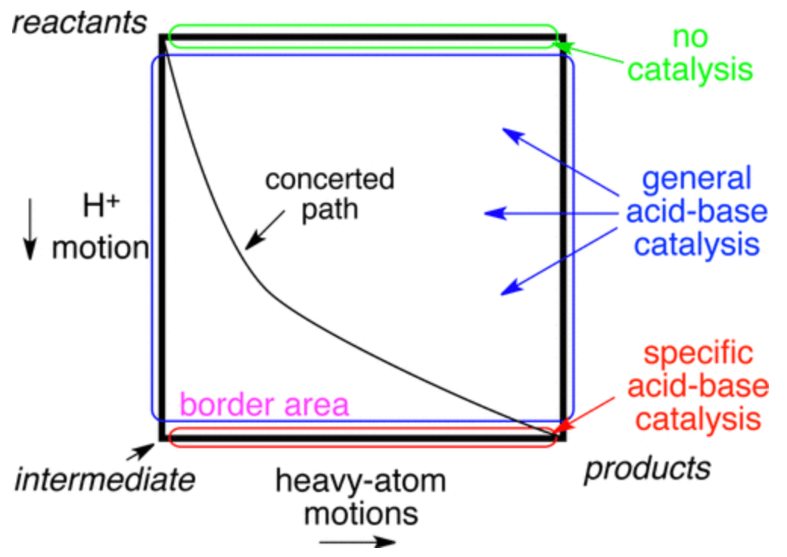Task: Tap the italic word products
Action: pos(647,469)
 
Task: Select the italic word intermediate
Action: pos(104,479)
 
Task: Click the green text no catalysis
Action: pos(691,53)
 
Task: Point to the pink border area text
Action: pos(264,405)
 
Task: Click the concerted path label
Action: pos(329,193)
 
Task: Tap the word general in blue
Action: pos(696,179)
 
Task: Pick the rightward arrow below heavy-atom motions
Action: pos(356,542)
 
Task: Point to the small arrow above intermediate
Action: pos(139,453)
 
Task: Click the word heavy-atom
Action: pos(360,482)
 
